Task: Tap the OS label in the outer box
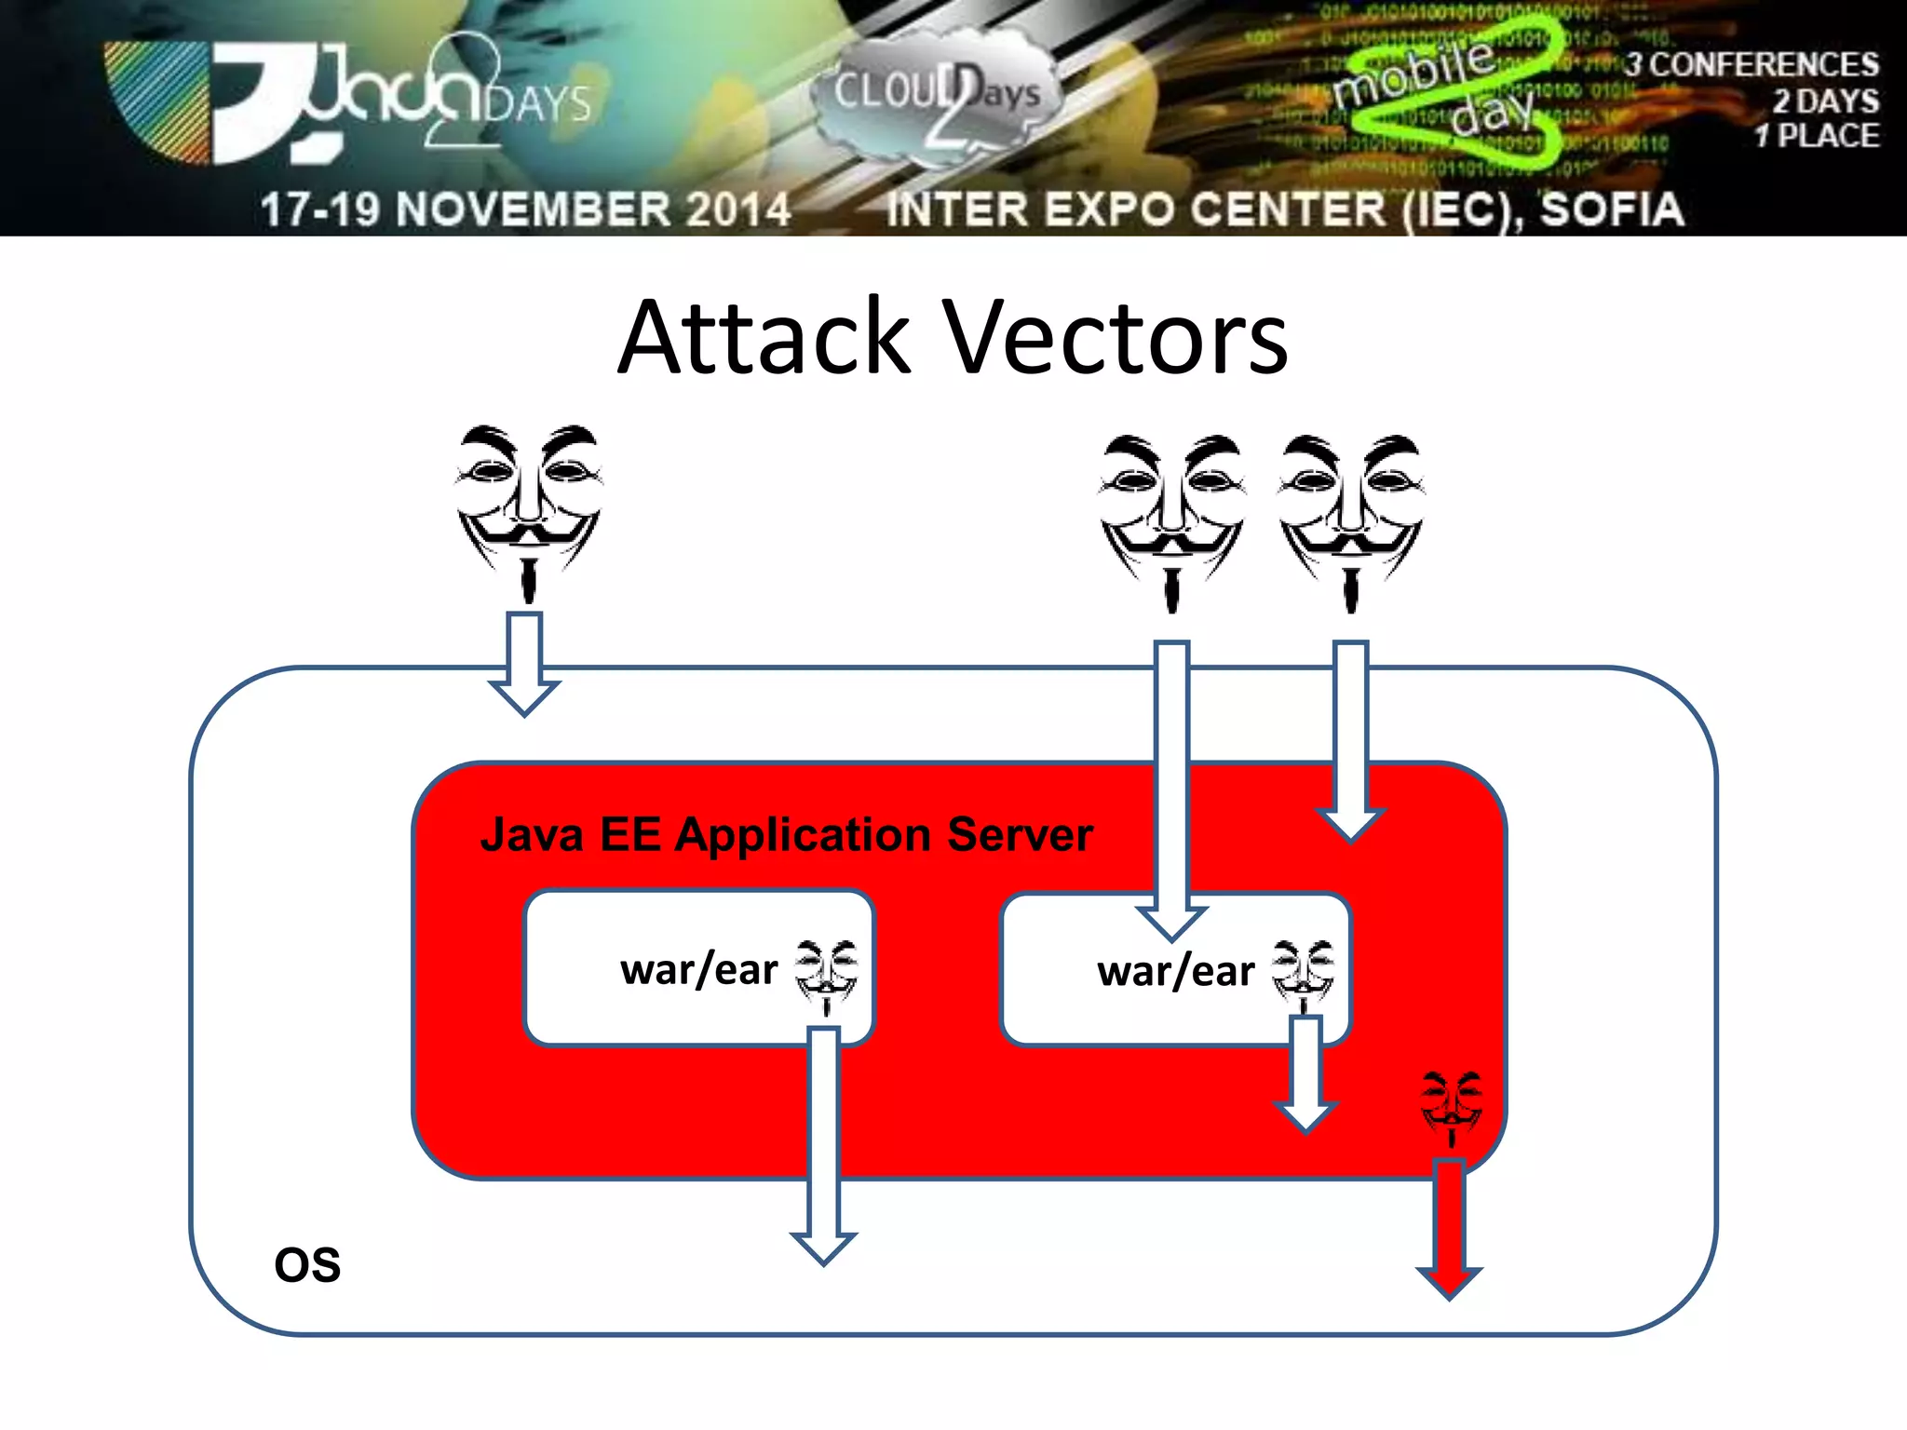[x=307, y=1265]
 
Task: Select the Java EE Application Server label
[x=786, y=834]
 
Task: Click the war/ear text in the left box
[x=698, y=970]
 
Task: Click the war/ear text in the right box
[x=1175, y=972]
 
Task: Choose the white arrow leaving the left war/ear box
[x=824, y=1145]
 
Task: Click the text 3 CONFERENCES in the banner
[x=1751, y=65]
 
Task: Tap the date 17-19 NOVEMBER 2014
[x=525, y=209]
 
